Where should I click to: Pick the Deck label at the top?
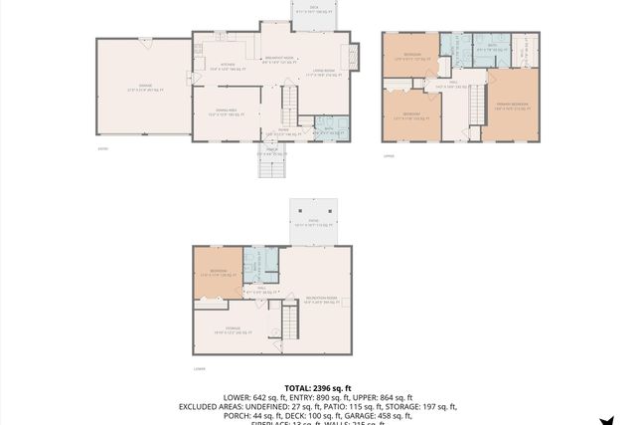pyautogui.click(x=314, y=8)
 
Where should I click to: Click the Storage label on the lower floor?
pyautogui.click(x=232, y=330)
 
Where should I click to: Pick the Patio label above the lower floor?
pyautogui.click(x=313, y=223)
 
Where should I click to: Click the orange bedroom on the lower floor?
pyautogui.click(x=218, y=273)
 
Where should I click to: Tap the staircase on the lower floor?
pyautogui.click(x=290, y=320)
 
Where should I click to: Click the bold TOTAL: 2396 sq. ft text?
pyautogui.click(x=318, y=387)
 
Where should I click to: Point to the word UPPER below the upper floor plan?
pyautogui.click(x=390, y=154)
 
